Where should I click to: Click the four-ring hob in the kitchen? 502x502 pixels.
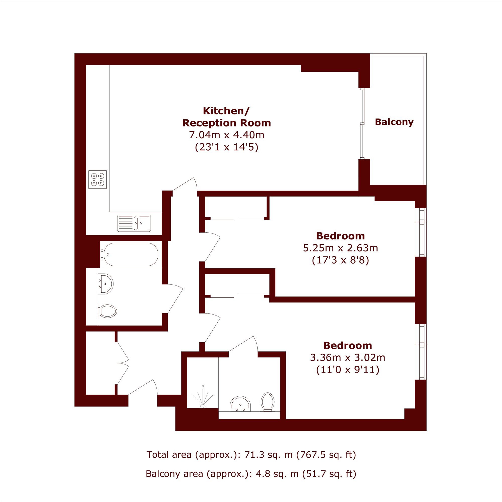coord(97,179)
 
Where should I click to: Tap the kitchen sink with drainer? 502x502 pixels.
coord(134,223)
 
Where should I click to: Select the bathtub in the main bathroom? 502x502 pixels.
coord(130,254)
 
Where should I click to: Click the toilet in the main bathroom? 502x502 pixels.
coord(107,311)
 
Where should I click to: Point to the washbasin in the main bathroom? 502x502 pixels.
coord(105,284)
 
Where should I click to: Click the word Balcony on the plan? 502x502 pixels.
coord(394,122)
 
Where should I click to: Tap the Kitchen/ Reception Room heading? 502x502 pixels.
coord(227,117)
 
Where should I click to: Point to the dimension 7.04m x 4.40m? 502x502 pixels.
coord(227,135)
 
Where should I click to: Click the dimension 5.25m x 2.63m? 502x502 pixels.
coord(340,248)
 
